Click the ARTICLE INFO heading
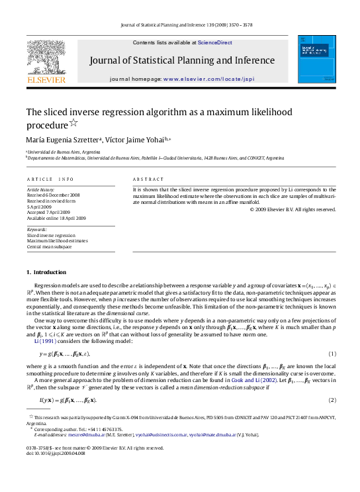(50, 179)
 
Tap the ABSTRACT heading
(148, 179)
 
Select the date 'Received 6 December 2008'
(53, 195)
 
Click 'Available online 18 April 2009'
(56, 217)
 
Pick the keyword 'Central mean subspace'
(49, 246)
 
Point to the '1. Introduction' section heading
(46, 272)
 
